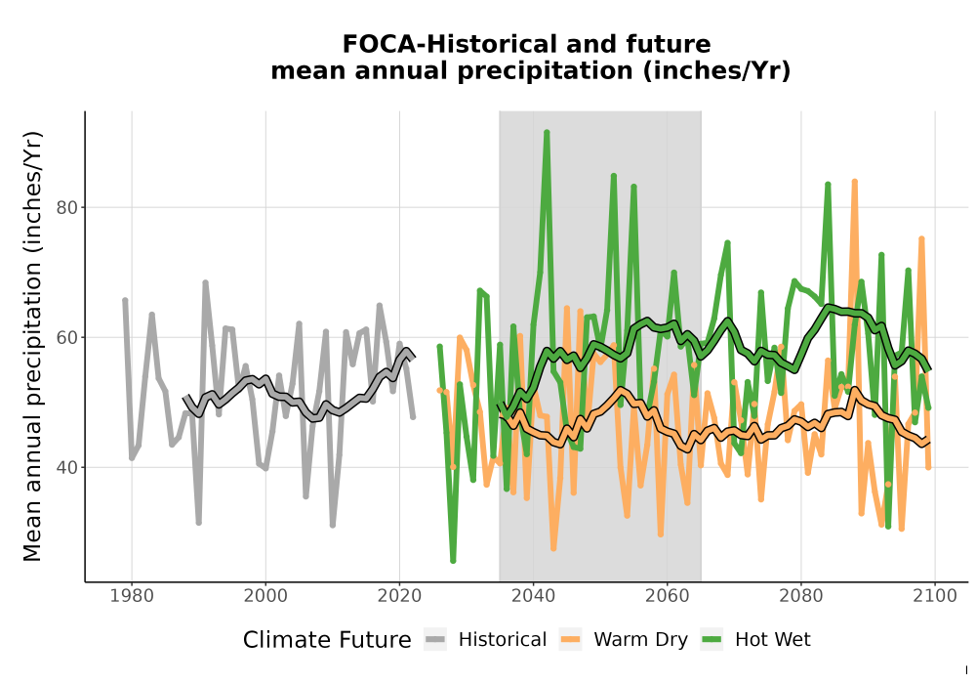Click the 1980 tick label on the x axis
tap(132, 596)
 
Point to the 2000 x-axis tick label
tap(265, 596)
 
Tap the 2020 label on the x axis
tap(399, 596)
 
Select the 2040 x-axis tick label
tap(534, 596)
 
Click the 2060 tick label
tap(668, 596)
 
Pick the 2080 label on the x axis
tap(801, 596)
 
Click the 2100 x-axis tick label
tap(935, 596)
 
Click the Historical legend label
tap(503, 640)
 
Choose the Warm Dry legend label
tap(640, 640)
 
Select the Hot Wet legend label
tap(772, 640)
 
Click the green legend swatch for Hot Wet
tap(712, 640)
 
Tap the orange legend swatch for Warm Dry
tap(570, 640)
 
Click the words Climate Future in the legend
tap(327, 640)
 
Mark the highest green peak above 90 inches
tap(547, 132)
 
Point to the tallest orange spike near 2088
tap(855, 182)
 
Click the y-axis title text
tap(32, 346)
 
